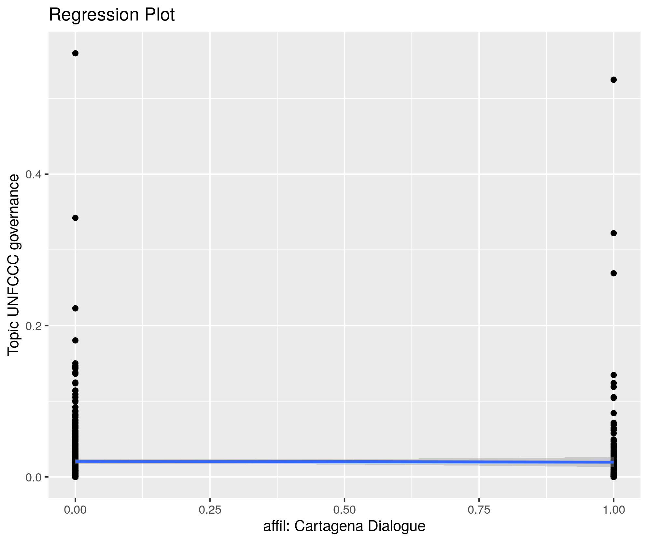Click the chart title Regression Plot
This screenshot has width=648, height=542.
112,15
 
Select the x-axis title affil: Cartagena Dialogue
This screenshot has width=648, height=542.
344,526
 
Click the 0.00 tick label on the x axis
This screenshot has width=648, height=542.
75,510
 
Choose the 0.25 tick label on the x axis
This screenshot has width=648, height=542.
210,510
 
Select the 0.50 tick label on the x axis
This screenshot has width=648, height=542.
345,510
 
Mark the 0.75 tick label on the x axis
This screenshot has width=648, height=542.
479,510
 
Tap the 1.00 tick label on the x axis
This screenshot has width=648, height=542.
614,510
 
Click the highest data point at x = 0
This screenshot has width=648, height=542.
75,53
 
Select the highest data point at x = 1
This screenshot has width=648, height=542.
613,80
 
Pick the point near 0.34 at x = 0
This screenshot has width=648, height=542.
75,218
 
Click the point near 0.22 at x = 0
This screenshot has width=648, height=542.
75,308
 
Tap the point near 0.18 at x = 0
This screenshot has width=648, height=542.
75,340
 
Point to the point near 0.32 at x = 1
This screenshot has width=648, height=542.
613,233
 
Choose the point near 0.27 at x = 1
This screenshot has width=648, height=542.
613,273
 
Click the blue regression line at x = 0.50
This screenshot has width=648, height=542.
345,462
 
